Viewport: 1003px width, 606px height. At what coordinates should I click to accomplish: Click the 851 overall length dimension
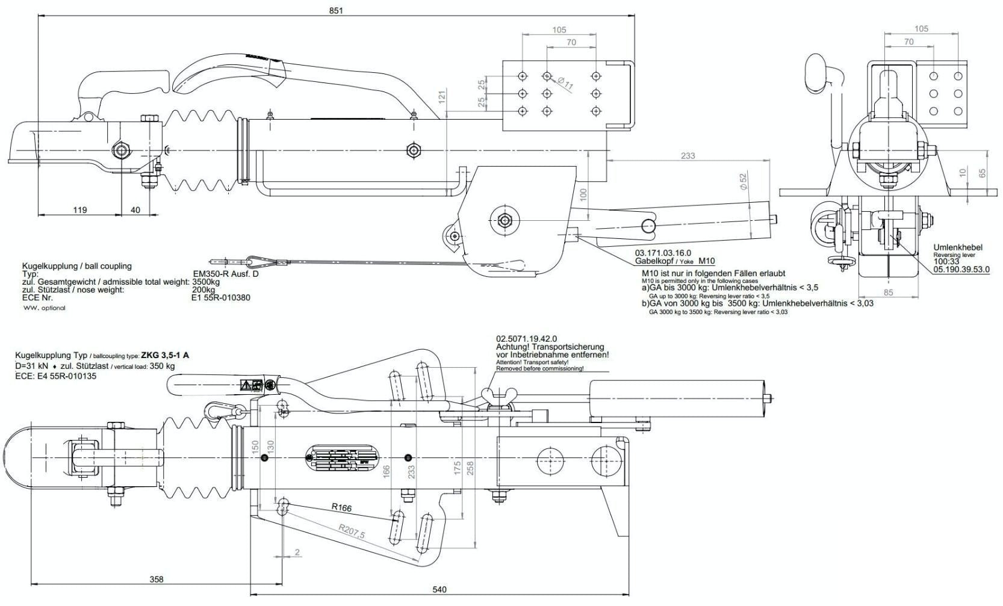point(337,10)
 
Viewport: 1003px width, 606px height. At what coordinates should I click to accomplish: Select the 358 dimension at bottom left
point(156,580)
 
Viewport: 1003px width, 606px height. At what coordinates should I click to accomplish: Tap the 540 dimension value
point(439,589)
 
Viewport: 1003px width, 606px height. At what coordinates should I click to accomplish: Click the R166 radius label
point(341,507)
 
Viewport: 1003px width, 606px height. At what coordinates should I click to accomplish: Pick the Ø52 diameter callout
point(743,181)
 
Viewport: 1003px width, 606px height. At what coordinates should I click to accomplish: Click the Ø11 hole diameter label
point(566,84)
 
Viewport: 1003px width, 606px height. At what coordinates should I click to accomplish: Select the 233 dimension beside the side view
point(688,155)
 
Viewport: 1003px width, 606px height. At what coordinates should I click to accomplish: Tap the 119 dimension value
point(79,210)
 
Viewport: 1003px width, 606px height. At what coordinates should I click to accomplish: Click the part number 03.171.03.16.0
point(663,253)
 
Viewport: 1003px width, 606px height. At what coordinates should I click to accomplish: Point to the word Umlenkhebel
point(958,247)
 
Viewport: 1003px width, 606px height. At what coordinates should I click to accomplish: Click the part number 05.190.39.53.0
point(961,269)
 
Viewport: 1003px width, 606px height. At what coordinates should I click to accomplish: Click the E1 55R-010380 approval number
point(221,297)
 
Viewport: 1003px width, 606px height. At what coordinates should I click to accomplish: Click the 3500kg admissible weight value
point(206,282)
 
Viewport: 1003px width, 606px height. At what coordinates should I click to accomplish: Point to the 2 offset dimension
point(297,552)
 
